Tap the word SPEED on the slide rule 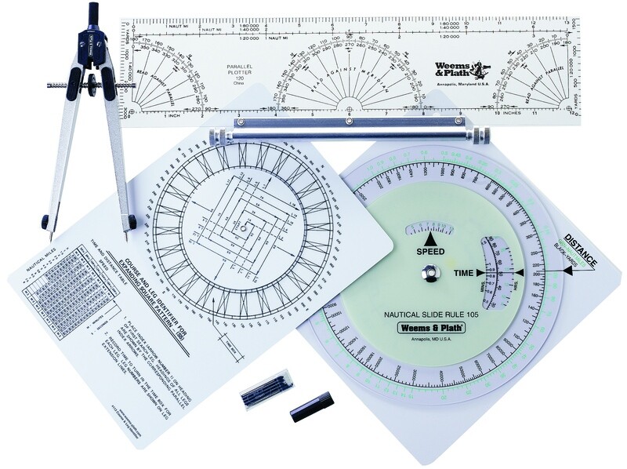pyautogui.click(x=429, y=252)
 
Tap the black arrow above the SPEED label pyautogui.click(x=429, y=237)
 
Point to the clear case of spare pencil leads pyautogui.click(x=266, y=387)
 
